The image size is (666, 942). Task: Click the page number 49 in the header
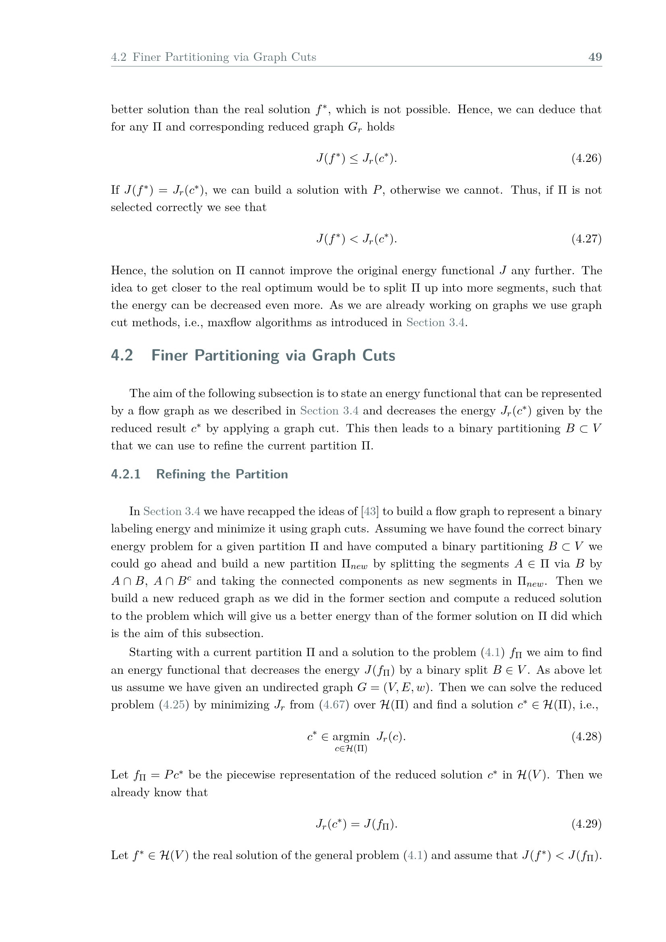(x=595, y=57)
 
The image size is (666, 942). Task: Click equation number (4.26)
(x=586, y=158)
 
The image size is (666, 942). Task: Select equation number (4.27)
(x=586, y=239)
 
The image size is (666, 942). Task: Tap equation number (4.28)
(x=586, y=737)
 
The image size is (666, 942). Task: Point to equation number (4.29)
(x=586, y=824)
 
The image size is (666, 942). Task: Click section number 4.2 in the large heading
(x=122, y=355)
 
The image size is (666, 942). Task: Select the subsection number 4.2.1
(x=126, y=474)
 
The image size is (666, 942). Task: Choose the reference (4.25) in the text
(x=174, y=705)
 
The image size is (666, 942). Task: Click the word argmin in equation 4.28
(x=351, y=737)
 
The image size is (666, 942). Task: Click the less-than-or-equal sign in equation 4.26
(x=354, y=159)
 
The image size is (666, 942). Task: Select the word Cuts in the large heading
(x=379, y=355)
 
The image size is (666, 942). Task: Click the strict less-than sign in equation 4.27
(x=354, y=239)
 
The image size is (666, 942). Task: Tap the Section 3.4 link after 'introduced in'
(x=436, y=323)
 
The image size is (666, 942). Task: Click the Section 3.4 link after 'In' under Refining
(x=172, y=511)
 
